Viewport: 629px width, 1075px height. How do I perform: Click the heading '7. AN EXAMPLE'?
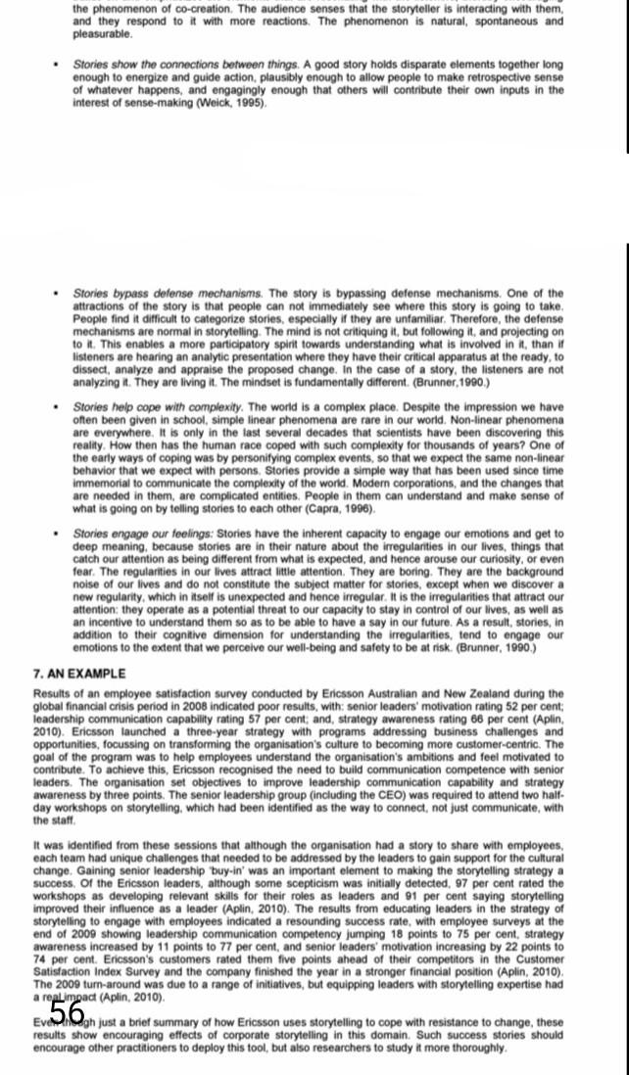click(79, 675)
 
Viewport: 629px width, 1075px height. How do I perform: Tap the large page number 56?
click(67, 1011)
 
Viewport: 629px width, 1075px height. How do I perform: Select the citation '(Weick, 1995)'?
click(232, 103)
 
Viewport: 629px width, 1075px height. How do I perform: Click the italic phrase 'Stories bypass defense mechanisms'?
click(168, 293)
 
